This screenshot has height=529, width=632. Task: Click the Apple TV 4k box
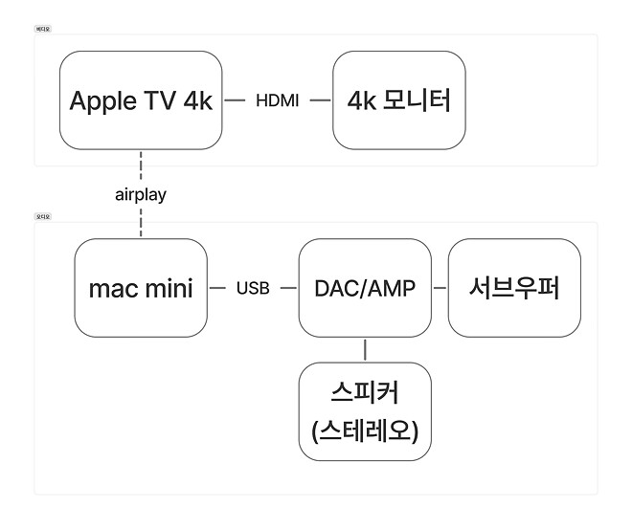[141, 100]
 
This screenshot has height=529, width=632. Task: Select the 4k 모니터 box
[398, 100]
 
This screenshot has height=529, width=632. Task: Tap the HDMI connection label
[278, 101]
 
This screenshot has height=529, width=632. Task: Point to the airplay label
[141, 194]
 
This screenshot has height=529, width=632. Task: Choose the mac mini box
[141, 288]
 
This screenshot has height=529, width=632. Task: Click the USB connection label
[253, 288]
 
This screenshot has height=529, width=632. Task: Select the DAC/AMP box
[365, 288]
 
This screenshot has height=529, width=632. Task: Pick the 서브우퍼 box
[514, 288]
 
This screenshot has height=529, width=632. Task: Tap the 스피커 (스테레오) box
[365, 410]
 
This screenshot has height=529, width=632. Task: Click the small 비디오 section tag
[42, 30]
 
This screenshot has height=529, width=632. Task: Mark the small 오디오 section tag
[42, 217]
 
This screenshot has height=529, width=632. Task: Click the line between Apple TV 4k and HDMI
[237, 101]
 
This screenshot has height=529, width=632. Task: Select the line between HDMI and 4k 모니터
[317, 101]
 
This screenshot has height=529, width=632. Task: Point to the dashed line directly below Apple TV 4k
[141, 165]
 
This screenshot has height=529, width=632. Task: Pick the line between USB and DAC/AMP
[286, 288]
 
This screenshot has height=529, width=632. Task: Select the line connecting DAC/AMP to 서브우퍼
[440, 288]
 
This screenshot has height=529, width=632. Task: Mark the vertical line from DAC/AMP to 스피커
[365, 349]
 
